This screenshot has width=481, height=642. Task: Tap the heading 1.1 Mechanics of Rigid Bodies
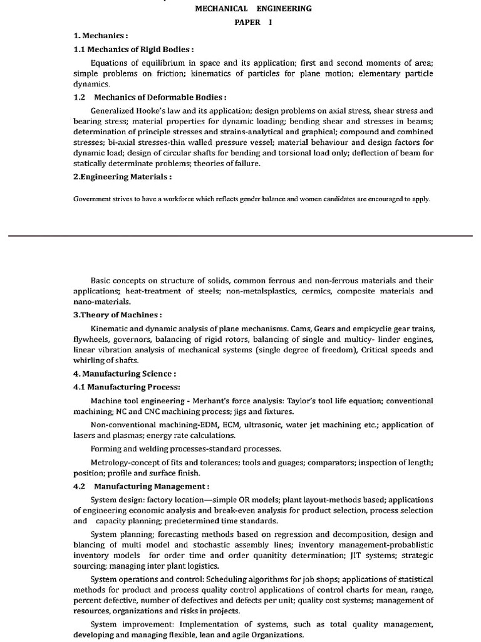pos(134,49)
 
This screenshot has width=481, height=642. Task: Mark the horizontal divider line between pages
pos(240,236)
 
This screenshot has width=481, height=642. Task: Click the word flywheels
pos(93,339)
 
